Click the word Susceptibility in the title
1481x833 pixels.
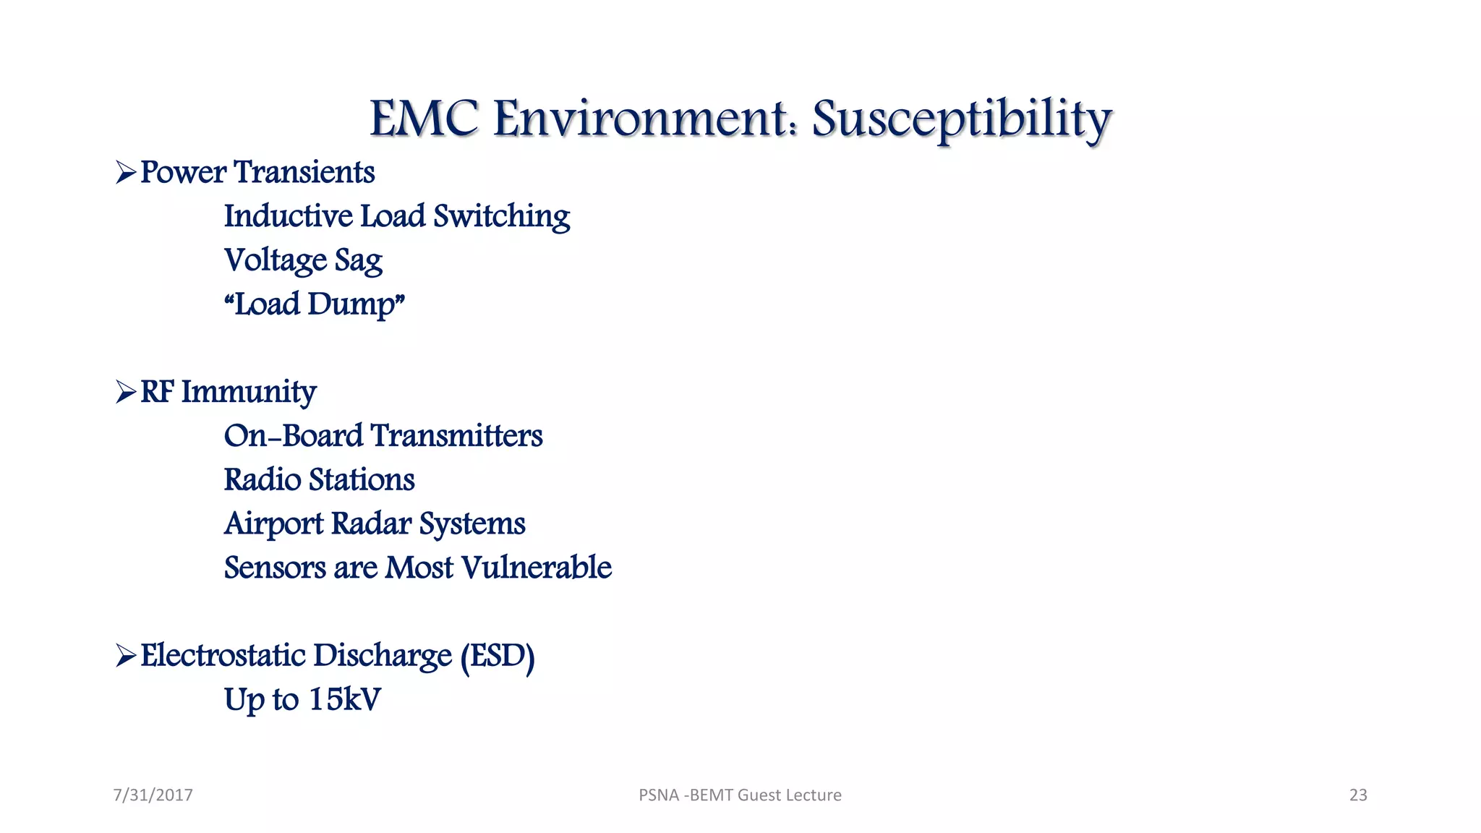tap(962, 119)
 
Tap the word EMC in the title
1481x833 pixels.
tap(424, 119)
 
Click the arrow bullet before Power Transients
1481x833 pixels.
tap(126, 173)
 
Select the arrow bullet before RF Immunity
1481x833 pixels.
tap(126, 393)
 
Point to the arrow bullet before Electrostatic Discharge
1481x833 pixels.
tap(126, 656)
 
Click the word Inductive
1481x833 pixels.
tap(288, 216)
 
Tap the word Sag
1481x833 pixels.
tap(358, 261)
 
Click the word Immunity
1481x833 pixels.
tap(248, 393)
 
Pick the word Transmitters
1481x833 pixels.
tap(456, 436)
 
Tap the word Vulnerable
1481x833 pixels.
tap(536, 568)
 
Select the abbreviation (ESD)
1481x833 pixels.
tap(498, 657)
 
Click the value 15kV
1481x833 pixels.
tap(344, 699)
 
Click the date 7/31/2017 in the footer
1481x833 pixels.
tap(153, 795)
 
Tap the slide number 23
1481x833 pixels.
tap(1358, 795)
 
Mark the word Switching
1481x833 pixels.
tap(501, 217)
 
